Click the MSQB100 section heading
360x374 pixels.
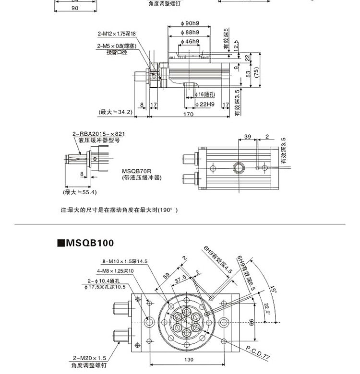point(89,243)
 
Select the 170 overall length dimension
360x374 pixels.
point(188,114)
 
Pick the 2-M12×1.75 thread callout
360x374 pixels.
point(117,34)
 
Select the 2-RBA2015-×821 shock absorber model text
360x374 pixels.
point(99,134)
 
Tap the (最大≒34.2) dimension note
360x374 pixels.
point(115,112)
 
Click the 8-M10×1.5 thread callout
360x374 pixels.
point(124,261)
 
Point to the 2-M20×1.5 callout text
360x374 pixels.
point(89,358)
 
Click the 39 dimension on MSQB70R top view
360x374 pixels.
point(247,137)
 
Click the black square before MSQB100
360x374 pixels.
point(60,243)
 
